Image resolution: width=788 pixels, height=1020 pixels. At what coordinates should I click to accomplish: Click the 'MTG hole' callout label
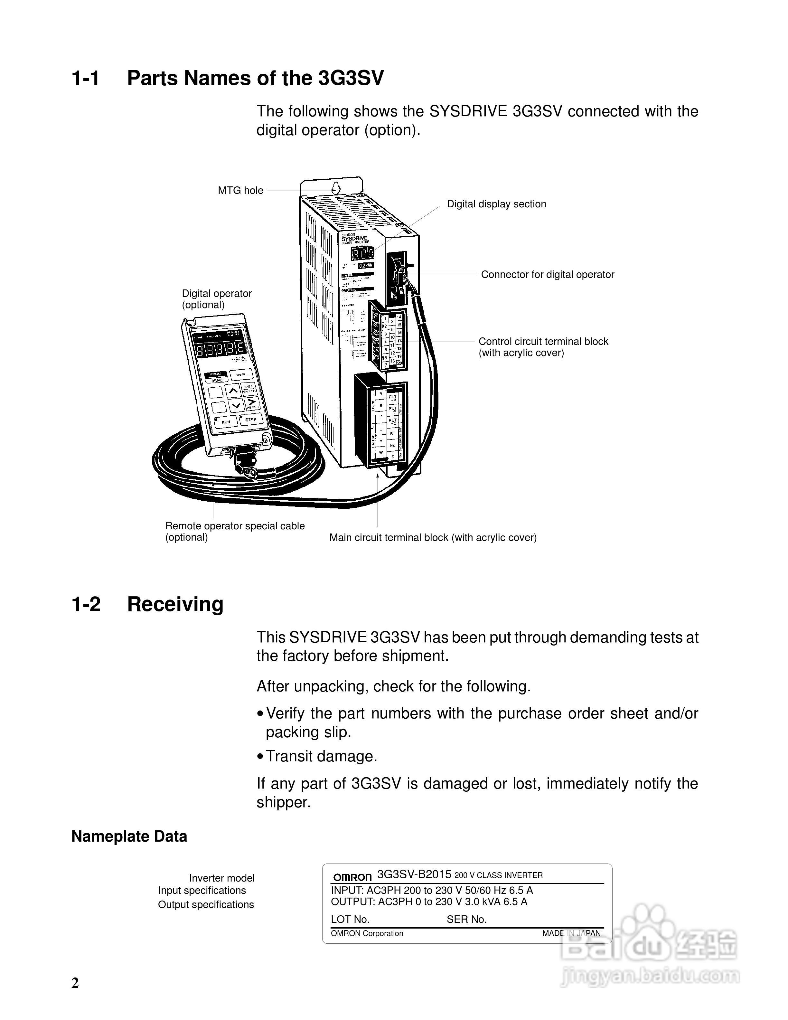(240, 191)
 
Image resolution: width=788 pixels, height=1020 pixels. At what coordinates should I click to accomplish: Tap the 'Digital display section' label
(496, 204)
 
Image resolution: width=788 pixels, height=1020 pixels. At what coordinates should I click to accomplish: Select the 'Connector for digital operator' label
(547, 275)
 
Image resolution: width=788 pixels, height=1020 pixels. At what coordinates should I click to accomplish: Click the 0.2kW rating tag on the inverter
(366, 266)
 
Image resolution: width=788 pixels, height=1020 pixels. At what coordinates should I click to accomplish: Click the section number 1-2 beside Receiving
(86, 604)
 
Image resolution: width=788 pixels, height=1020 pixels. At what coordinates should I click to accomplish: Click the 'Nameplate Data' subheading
(129, 836)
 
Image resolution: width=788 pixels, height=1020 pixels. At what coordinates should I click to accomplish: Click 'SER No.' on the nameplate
(466, 920)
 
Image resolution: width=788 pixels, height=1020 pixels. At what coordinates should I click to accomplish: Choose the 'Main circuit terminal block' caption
(433, 538)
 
